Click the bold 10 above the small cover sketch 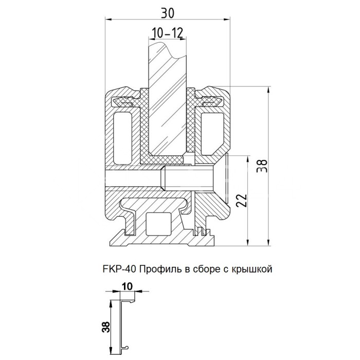127,286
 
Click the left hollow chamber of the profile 122,133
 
